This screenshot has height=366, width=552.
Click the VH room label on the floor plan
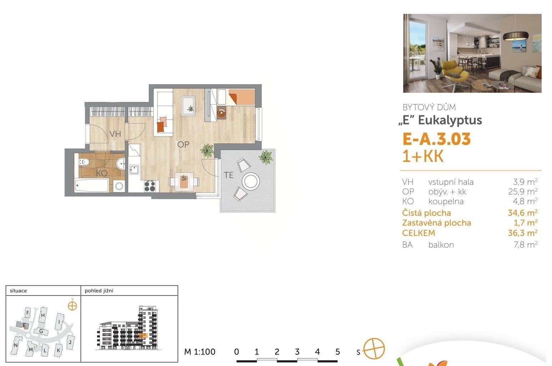click(x=115, y=134)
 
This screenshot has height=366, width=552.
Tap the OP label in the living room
click(x=183, y=144)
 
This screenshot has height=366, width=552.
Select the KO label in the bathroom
click(x=102, y=173)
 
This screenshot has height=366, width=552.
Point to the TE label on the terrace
click(x=228, y=175)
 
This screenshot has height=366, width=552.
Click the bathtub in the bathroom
click(x=92, y=185)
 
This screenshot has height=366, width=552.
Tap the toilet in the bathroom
click(x=84, y=162)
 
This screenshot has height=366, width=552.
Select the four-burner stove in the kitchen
click(x=150, y=186)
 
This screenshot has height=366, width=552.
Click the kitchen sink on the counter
click(x=134, y=169)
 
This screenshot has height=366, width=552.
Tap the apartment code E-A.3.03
click(x=436, y=139)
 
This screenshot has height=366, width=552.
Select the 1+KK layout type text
click(x=423, y=157)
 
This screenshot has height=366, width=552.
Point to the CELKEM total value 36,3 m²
click(x=522, y=233)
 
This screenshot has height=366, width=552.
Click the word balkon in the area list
click(x=441, y=245)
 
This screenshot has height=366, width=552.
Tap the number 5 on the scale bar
click(x=338, y=352)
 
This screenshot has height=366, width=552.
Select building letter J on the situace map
click(x=70, y=342)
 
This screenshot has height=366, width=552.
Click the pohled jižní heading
click(x=99, y=291)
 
